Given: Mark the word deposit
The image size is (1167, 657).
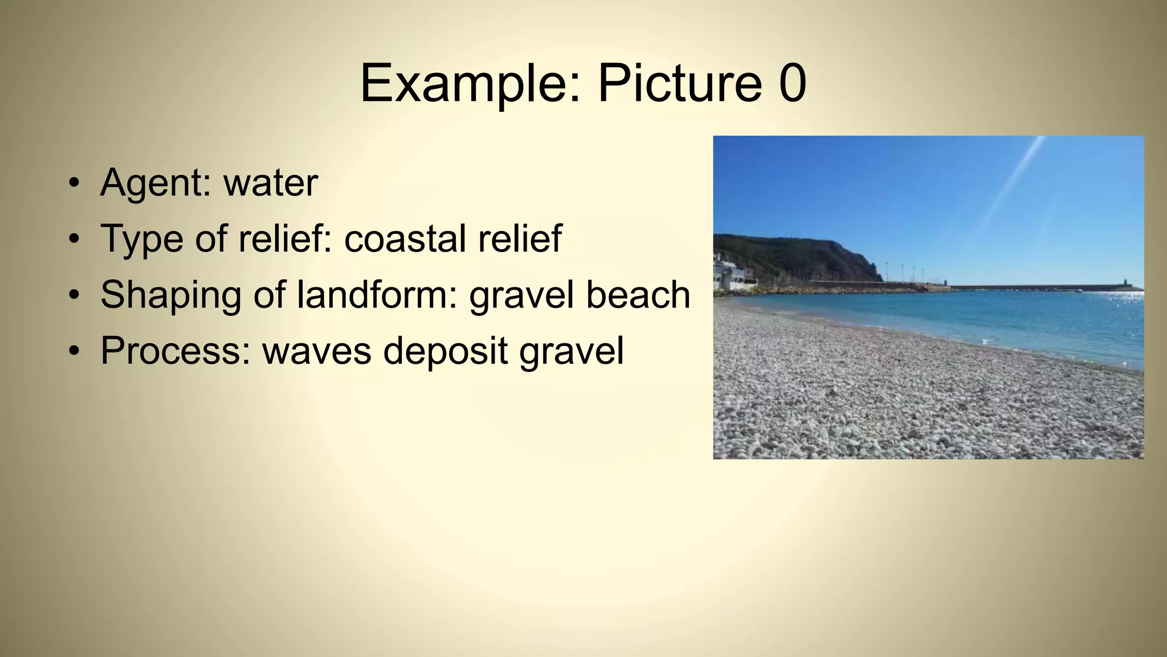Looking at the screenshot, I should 445,350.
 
